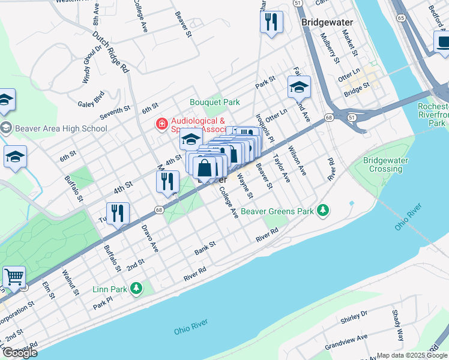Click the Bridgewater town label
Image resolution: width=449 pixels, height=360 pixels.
click(327, 22)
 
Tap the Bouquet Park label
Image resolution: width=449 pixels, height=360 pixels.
click(215, 102)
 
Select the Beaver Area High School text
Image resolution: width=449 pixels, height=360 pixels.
click(61, 128)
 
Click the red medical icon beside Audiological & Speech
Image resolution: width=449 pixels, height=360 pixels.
click(161, 124)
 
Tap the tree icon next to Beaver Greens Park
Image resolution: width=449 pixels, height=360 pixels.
click(324, 210)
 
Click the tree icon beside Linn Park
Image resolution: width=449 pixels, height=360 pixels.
click(136, 289)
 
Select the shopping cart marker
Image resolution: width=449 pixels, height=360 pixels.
click(14, 278)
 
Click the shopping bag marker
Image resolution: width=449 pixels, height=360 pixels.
click(205, 168)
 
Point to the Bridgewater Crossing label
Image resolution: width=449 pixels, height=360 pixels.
click(385, 165)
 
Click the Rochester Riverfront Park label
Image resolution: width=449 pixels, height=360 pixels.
click(433, 115)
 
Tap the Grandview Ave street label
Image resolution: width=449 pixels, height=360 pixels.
click(346, 340)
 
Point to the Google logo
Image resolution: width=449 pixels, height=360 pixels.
click(20, 353)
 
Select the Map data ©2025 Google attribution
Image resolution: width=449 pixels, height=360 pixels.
click(412, 355)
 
